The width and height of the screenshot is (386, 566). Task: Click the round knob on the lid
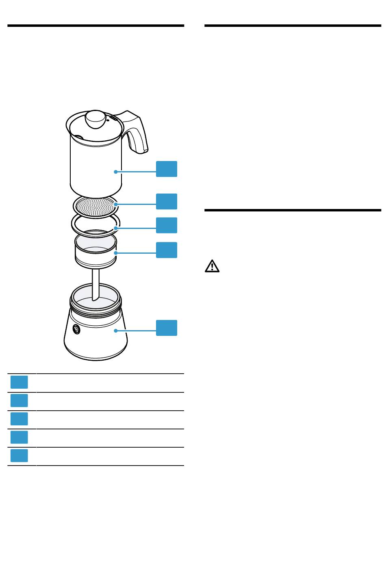tap(95, 118)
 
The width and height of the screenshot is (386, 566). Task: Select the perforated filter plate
tap(95, 206)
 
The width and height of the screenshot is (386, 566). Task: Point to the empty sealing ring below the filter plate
tap(96, 226)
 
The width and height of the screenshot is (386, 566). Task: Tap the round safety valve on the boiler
tap(76, 330)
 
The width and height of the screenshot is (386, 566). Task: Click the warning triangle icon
tap(212, 266)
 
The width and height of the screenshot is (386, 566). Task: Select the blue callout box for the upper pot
tap(167, 169)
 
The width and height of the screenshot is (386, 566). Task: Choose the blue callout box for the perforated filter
tap(167, 201)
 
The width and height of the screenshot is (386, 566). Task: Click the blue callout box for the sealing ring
tap(167, 225)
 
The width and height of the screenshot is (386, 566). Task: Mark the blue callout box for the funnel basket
tap(167, 250)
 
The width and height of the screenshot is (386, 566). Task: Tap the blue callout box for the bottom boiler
tap(167, 328)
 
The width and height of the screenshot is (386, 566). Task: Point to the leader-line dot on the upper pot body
tap(116, 172)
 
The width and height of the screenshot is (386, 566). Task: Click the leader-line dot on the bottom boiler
tap(116, 331)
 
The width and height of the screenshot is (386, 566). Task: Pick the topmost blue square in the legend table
tap(19, 382)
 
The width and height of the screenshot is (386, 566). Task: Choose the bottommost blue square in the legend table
tap(19, 456)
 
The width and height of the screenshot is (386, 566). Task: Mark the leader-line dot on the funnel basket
tap(116, 253)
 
